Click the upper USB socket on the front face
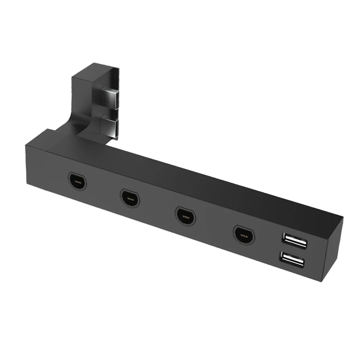coord(295,241)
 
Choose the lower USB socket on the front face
coord(292,259)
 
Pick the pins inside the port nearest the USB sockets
coord(244,235)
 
